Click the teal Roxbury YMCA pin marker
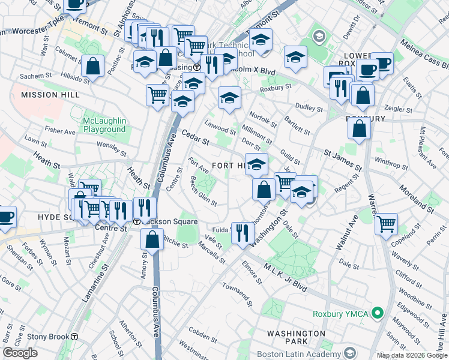tap(377, 313)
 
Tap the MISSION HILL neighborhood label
tap(50, 95)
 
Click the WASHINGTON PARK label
tap(296, 338)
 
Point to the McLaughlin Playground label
tap(104, 125)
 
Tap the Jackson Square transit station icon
tap(137, 222)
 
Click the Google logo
tap(20, 353)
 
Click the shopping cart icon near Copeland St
tap(386, 223)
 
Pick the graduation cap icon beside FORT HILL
tap(256, 163)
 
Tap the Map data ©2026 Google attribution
tap(411, 355)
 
